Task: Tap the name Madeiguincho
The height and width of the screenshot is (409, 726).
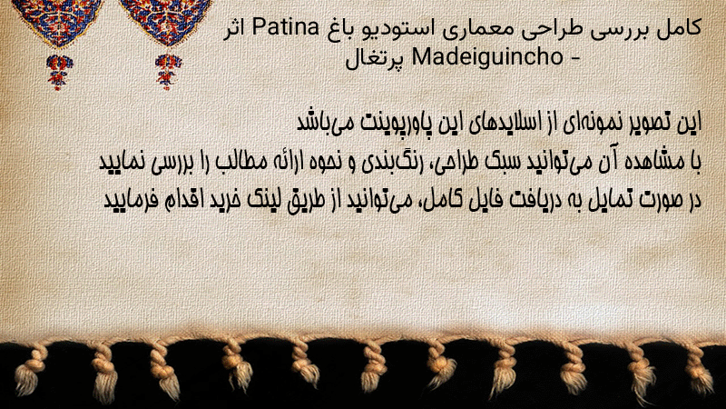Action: [x=487, y=57]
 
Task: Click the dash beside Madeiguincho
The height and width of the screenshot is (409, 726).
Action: [x=574, y=59]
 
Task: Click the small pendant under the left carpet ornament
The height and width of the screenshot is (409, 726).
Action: [x=59, y=72]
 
